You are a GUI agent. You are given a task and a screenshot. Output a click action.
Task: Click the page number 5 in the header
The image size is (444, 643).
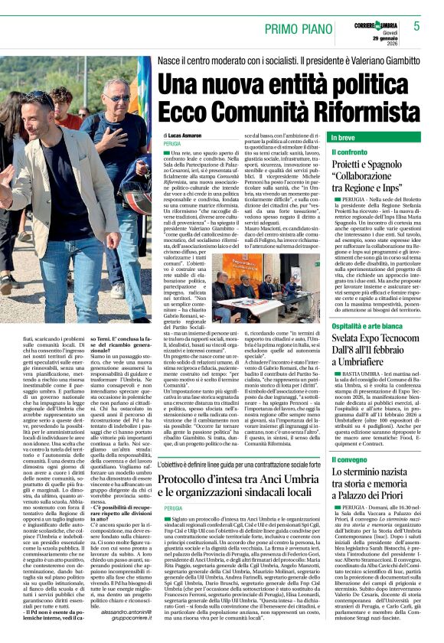coord(416,25)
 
